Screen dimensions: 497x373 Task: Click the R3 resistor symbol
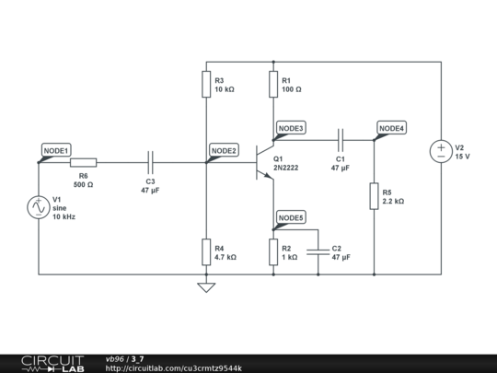tap(206, 84)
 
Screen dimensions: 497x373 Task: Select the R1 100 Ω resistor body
tap(273, 84)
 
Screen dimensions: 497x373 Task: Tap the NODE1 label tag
tap(56, 150)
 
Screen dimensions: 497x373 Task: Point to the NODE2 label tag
tap(224, 150)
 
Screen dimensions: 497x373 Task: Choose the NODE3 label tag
tap(291, 128)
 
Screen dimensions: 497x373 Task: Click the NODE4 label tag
tap(392, 128)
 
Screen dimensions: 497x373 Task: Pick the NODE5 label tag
tap(291, 217)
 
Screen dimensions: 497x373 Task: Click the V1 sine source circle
tap(39, 207)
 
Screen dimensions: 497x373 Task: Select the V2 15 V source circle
tap(441, 151)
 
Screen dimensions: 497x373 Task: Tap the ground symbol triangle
tap(206, 287)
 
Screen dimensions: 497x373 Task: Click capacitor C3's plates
tap(151, 162)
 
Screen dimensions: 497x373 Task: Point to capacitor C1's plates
tap(341, 140)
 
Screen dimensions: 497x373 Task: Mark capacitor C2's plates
tap(318, 251)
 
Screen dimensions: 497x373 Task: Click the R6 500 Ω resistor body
tap(84, 162)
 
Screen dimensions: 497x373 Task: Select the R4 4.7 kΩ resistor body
tap(206, 251)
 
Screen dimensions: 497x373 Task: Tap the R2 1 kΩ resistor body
tap(273, 251)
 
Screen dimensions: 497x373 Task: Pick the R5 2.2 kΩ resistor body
tap(374, 196)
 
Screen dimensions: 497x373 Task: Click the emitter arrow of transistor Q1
tap(268, 175)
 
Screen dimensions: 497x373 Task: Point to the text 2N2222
tap(286, 168)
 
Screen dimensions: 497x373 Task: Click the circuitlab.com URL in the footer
tap(174, 368)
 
